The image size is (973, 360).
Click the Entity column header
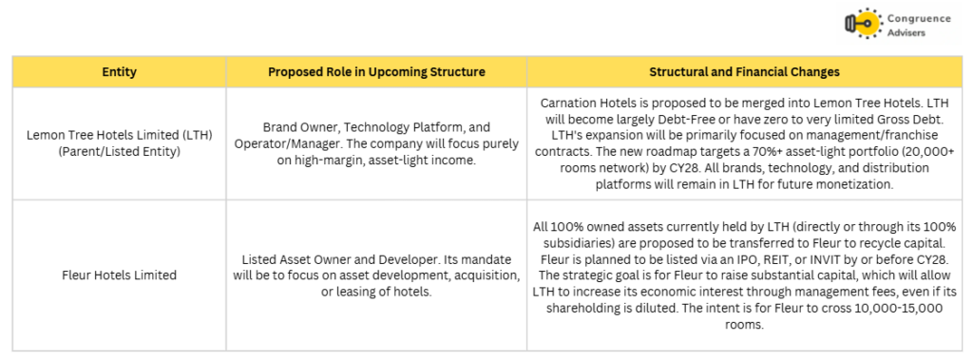pyautogui.click(x=119, y=72)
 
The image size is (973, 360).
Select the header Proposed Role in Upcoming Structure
pyautogui.click(x=376, y=72)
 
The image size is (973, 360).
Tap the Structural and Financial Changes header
pyautogui.click(x=744, y=72)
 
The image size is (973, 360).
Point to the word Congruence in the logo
pyautogui.click(x=920, y=19)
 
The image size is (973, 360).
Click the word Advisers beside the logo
pyautogui.click(x=906, y=32)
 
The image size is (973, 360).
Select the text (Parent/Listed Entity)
pyautogui.click(x=119, y=151)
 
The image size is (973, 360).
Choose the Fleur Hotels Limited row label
pyautogui.click(x=119, y=275)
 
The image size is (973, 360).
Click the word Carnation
pyautogui.click(x=567, y=103)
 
